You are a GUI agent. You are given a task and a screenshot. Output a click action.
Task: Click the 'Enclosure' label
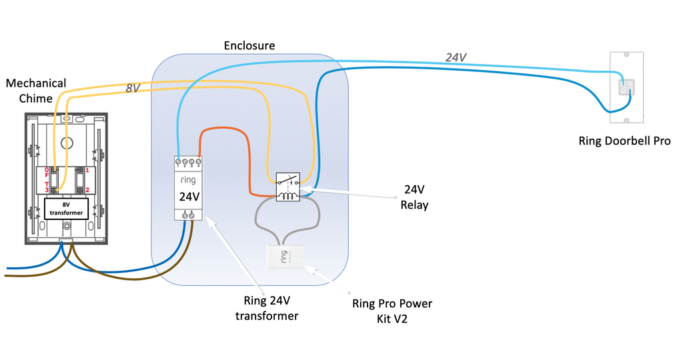(x=249, y=46)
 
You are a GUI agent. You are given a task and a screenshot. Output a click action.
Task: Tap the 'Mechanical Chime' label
(x=36, y=91)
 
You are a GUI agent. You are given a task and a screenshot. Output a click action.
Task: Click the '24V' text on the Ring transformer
(x=189, y=197)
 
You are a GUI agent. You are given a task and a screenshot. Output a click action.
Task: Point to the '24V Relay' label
(x=414, y=197)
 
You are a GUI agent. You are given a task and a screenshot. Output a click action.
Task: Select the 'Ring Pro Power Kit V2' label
(x=392, y=311)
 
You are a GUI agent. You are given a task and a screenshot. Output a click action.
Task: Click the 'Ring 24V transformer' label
(x=266, y=308)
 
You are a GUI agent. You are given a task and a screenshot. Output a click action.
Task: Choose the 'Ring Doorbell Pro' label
(x=625, y=141)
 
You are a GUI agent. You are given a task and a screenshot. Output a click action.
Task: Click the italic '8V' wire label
(x=133, y=88)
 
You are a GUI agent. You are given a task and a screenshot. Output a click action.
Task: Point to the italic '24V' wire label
(x=456, y=58)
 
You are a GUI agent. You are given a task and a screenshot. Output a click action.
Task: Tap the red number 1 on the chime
(x=87, y=171)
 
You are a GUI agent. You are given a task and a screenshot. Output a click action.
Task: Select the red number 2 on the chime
(x=87, y=190)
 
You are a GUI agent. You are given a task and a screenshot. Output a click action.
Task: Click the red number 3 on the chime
(x=47, y=190)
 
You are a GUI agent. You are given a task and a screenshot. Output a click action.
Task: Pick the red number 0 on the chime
(x=47, y=171)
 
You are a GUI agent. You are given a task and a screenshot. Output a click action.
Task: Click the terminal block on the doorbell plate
(x=626, y=87)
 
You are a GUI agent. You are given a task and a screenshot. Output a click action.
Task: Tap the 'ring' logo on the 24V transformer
(x=189, y=180)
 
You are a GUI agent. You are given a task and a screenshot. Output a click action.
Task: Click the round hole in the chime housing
(x=66, y=142)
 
